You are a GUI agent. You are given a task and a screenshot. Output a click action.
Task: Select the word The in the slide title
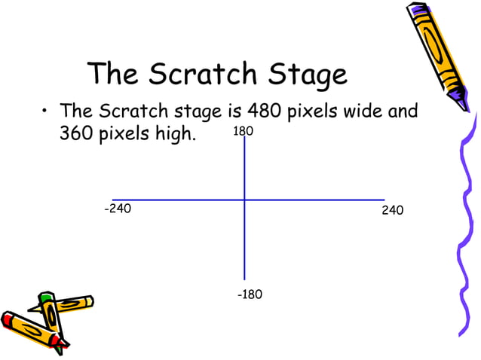(x=114, y=74)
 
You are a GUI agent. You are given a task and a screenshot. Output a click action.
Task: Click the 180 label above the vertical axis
(x=243, y=132)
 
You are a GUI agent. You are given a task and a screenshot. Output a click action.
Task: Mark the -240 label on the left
(x=117, y=209)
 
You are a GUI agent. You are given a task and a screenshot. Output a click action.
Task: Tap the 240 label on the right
(x=393, y=210)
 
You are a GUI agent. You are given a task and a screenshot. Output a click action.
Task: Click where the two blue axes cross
(x=244, y=200)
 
